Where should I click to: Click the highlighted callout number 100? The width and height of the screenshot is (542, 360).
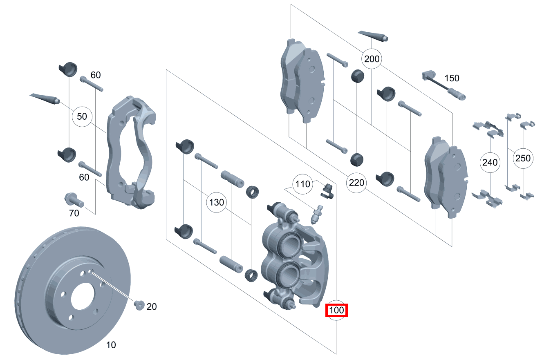[x=336, y=310]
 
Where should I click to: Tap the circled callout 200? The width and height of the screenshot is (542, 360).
[x=372, y=59]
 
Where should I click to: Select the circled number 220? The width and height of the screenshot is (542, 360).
[x=356, y=183]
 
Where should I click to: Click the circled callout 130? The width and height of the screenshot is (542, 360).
[x=217, y=202]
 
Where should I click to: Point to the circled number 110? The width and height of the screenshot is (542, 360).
[x=303, y=184]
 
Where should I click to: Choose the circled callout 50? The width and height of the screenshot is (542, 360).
[x=82, y=116]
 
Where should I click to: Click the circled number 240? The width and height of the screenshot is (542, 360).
[x=490, y=162]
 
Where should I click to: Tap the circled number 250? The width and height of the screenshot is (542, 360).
[x=523, y=158]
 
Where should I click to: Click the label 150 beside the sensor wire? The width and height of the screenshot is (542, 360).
[x=452, y=78]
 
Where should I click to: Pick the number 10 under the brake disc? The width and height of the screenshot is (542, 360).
[x=111, y=345]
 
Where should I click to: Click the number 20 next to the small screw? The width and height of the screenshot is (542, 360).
[x=152, y=306]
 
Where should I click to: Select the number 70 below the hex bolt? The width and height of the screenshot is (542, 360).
[x=74, y=213]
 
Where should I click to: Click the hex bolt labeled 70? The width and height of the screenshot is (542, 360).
[x=74, y=200]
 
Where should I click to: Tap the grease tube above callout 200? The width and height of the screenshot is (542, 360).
[x=373, y=36]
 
